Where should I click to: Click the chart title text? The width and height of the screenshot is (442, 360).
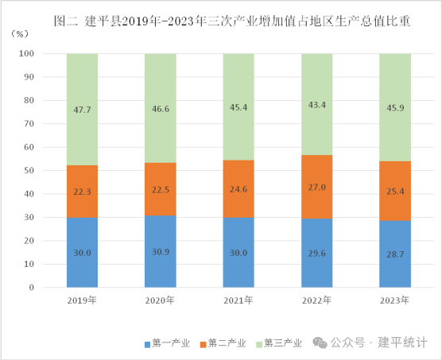[x=231, y=21]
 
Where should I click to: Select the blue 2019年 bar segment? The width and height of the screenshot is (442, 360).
[x=83, y=253]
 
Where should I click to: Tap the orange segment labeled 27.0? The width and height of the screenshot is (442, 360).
[x=317, y=187]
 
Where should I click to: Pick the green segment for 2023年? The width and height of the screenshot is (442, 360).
[x=395, y=107]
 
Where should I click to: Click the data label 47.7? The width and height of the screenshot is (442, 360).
[x=83, y=110]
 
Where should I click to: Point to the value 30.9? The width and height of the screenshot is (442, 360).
[x=161, y=252]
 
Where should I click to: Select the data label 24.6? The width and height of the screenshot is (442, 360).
[x=238, y=189]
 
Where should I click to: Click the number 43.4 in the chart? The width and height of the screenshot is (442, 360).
[x=317, y=105]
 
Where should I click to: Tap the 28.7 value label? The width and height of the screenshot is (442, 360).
[x=395, y=254]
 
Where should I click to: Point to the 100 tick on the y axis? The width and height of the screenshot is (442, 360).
[x=26, y=53]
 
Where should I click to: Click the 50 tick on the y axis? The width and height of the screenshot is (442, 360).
[x=29, y=170]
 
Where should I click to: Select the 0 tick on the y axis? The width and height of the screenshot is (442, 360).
[x=31, y=288]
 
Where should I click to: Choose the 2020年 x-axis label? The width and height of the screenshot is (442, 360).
[x=160, y=300]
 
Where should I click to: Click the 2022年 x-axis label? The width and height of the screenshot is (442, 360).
[x=316, y=300]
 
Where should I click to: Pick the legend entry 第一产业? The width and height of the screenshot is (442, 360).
[x=167, y=343]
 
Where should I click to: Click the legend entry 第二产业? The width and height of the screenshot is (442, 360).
[x=223, y=343]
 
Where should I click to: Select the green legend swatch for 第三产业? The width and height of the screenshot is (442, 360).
[x=259, y=345]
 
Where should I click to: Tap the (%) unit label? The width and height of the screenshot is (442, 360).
[x=19, y=34]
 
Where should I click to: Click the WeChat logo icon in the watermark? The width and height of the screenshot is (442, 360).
[x=320, y=343]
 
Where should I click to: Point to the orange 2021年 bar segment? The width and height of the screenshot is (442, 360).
[x=238, y=188]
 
